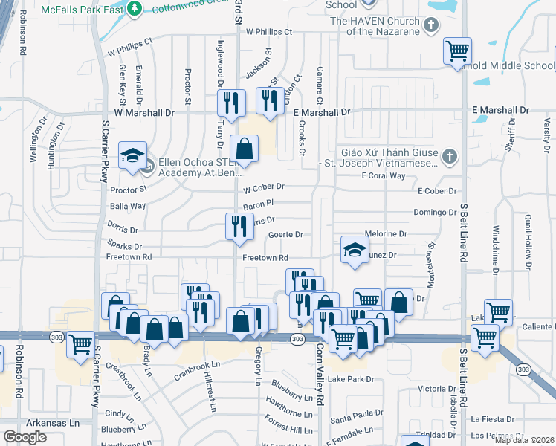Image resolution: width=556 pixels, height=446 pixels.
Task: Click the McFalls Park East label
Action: [83, 10]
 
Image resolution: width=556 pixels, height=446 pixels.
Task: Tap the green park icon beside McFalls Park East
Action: [135, 9]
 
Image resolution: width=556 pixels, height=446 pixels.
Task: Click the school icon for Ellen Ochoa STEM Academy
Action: [133, 155]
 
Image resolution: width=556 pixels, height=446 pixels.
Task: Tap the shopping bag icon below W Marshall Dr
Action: [244, 148]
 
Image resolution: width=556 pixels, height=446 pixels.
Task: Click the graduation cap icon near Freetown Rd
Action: [355, 249]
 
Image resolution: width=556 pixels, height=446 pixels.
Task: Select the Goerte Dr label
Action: [285, 235]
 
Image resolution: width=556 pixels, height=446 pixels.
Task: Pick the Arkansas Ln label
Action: [56, 423]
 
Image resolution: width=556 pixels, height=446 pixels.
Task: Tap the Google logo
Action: [25, 437]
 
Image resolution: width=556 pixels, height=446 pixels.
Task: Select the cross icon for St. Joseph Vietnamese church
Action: [447, 157]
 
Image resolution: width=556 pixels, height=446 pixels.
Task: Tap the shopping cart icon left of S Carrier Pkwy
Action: [80, 343]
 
